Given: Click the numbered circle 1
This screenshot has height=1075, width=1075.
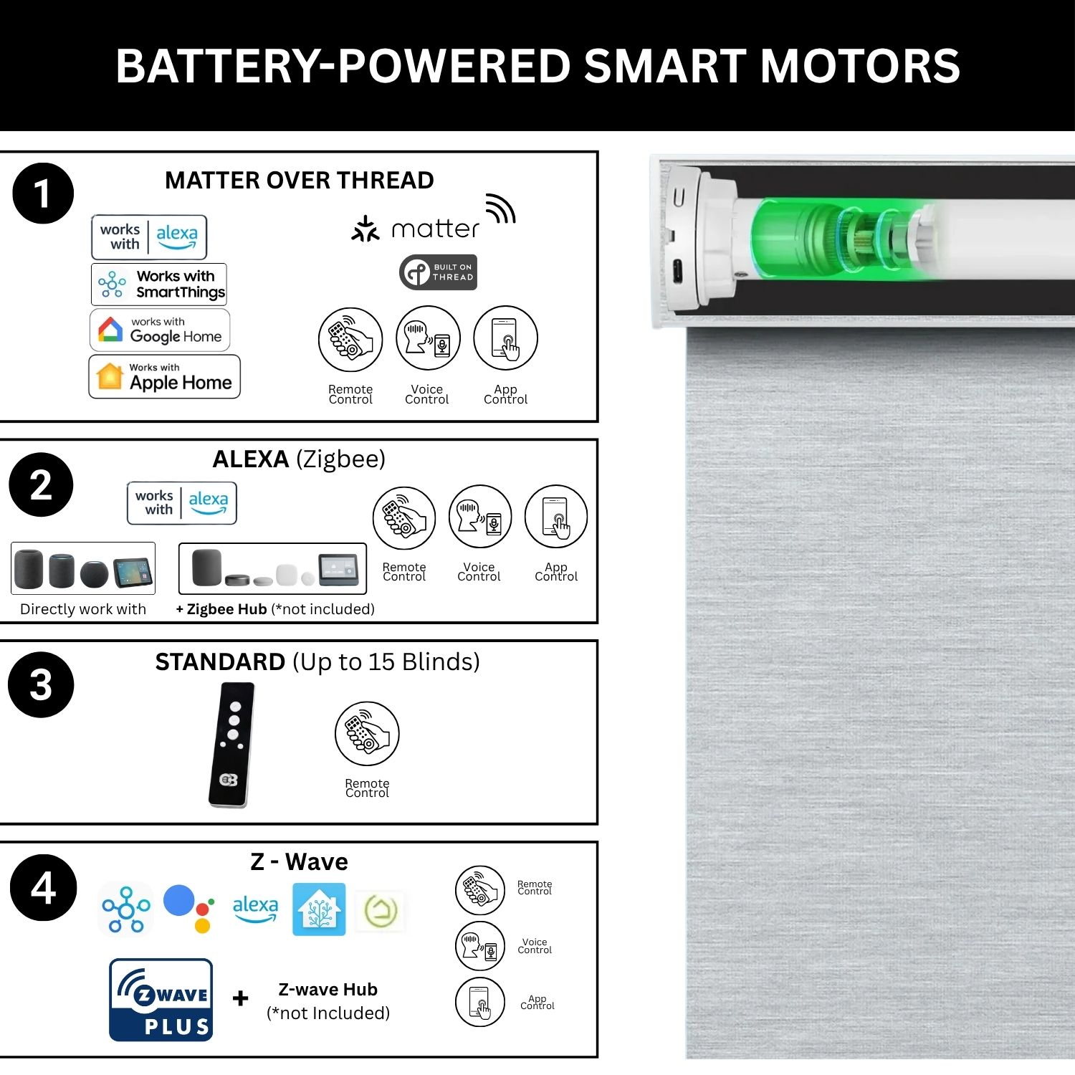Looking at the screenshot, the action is point(43,193).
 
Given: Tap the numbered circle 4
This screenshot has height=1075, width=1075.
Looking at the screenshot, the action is point(43,887).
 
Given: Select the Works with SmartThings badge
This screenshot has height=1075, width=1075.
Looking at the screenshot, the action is point(159,284).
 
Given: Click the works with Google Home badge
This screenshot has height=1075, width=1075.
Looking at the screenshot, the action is point(160,330).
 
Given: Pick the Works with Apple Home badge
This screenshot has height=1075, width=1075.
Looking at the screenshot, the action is point(164,376).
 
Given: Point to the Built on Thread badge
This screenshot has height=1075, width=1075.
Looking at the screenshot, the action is point(438,272).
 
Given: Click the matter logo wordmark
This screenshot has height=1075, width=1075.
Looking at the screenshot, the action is point(416,229).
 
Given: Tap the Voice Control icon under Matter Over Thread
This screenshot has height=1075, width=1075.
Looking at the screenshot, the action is point(428,338).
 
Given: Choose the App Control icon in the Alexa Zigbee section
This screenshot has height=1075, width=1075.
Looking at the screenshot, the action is point(556,517).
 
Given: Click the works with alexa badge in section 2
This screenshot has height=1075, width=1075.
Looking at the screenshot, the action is point(182,503).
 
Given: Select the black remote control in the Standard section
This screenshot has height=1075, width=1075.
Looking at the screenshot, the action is point(231,745).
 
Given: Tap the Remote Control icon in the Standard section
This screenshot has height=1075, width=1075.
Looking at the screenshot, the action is point(367,734).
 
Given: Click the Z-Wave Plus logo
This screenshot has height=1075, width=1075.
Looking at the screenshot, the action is point(161,1000).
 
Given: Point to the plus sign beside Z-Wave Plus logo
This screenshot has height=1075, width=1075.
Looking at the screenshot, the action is point(241,998).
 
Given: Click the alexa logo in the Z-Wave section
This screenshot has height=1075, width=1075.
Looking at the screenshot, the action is point(255,909).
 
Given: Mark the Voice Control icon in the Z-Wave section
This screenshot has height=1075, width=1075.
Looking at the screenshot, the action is point(480,946).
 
